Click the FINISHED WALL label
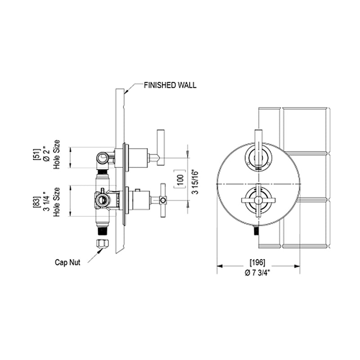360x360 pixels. [170, 85]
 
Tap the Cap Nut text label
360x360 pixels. [67, 262]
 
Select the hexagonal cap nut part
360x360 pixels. [102, 243]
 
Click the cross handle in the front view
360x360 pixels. [258, 198]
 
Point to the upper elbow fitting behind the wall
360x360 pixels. [103, 158]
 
